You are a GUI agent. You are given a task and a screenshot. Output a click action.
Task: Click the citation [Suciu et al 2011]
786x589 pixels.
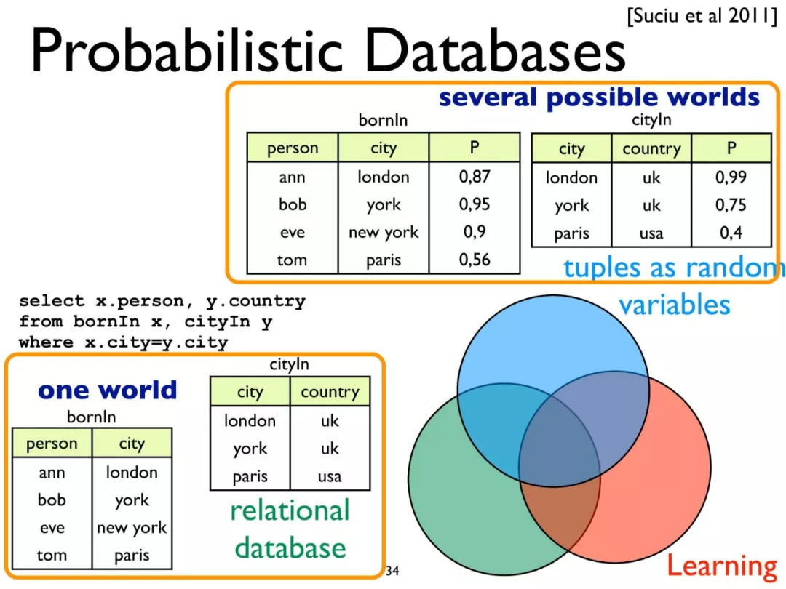pos(702,15)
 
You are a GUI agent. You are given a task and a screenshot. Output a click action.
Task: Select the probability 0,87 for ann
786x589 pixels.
pos(475,177)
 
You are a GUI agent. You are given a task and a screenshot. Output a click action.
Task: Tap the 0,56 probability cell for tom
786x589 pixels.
pos(475,260)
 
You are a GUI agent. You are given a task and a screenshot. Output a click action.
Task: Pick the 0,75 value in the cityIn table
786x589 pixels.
pos(731,205)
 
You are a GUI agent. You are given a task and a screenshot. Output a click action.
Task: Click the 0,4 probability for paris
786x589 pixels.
pos(731,233)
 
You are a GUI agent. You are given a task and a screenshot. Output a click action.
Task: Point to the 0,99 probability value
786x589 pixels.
pos(731,177)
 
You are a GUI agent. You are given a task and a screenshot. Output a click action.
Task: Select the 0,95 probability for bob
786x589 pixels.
pos(475,204)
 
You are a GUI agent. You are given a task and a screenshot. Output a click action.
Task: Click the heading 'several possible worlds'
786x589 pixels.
pos(599,97)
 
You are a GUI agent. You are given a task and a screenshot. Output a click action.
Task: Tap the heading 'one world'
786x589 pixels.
pos(107,390)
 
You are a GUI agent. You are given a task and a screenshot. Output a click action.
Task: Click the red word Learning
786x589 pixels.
pos(721,566)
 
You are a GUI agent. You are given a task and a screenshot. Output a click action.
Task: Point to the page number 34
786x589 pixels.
pos(392,571)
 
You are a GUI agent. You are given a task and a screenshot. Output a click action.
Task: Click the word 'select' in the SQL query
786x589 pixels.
pos(52,301)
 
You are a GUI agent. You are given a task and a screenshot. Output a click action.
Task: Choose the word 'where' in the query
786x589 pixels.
pos(46,342)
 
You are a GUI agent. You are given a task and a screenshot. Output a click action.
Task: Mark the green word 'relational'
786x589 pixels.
pos(290,511)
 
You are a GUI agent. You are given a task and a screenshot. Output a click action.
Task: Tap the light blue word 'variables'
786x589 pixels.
pos(674,305)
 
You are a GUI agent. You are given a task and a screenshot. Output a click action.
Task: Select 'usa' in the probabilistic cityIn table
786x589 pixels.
pos(651,233)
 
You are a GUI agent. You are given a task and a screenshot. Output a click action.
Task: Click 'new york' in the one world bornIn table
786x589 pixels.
pos(132,528)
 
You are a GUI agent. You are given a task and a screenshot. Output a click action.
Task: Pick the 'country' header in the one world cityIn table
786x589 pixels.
pos(330,392)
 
